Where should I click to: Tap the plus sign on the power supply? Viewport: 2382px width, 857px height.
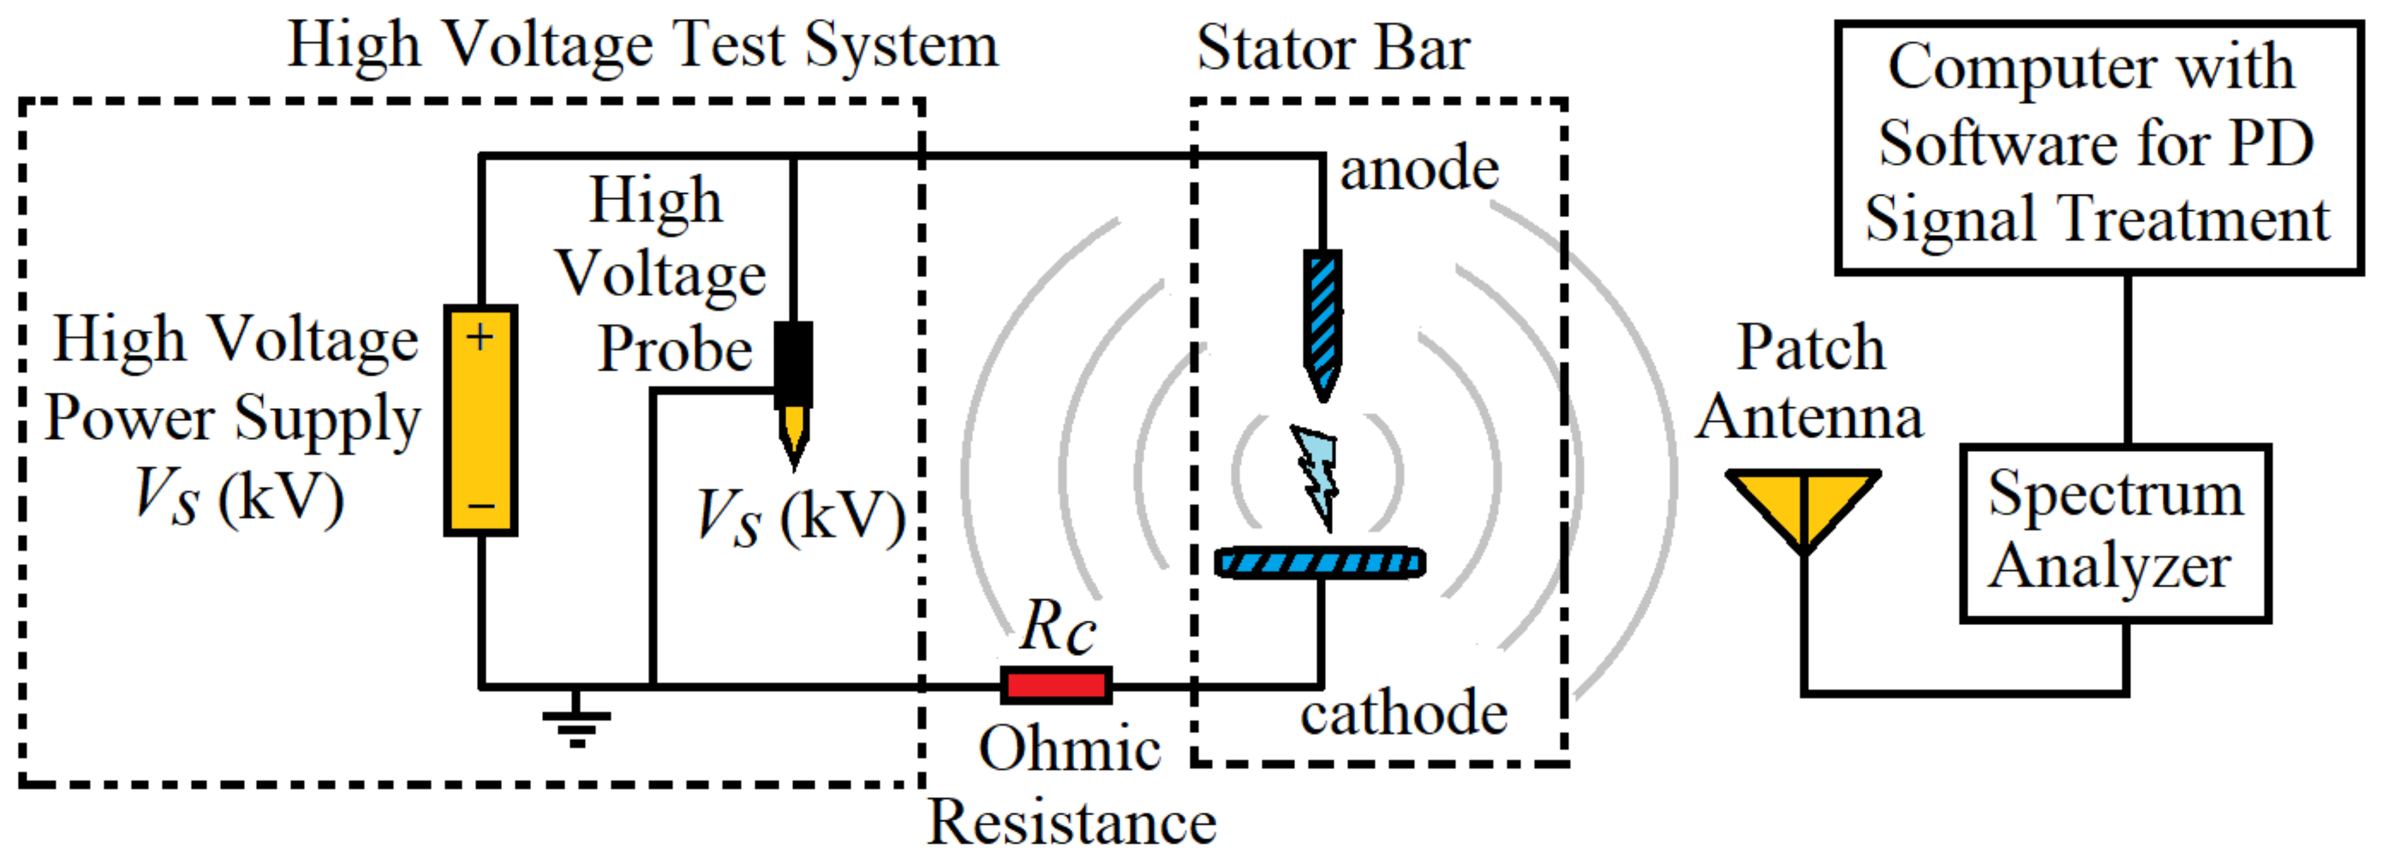(x=479, y=337)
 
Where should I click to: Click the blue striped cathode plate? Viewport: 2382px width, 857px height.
(x=1320, y=562)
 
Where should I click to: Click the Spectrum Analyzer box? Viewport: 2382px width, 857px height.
(x=2115, y=533)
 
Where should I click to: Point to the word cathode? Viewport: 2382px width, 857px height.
(x=1404, y=714)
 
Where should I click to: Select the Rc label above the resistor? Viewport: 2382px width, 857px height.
(x=1058, y=627)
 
